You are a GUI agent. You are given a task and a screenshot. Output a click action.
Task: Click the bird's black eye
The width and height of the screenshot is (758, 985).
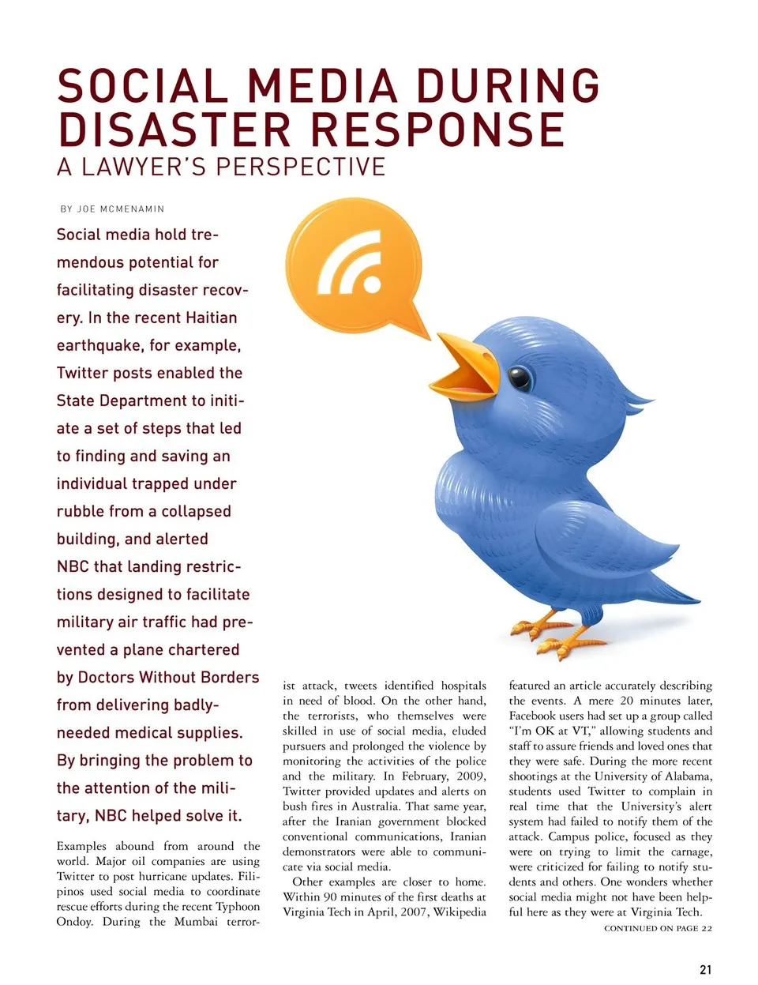(x=520, y=377)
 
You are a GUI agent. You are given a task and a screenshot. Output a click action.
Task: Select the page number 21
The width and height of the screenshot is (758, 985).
(x=705, y=970)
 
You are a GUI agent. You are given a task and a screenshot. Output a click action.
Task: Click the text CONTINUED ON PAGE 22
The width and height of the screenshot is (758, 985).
(x=658, y=928)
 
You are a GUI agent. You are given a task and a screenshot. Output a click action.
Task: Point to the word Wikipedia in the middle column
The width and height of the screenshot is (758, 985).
(x=460, y=912)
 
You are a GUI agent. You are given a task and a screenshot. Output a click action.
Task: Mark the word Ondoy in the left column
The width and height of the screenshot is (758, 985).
(x=73, y=922)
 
